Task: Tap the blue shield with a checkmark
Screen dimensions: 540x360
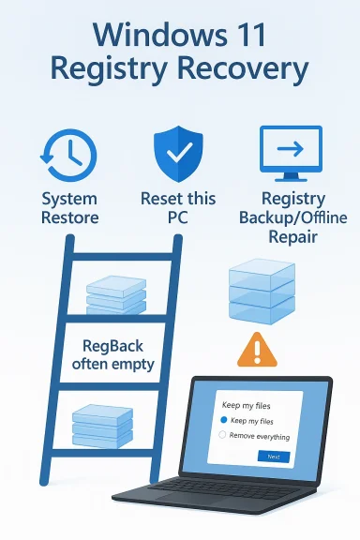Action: click(178, 153)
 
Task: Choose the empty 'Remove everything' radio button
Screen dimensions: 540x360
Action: click(223, 436)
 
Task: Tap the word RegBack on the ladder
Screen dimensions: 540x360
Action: click(112, 344)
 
